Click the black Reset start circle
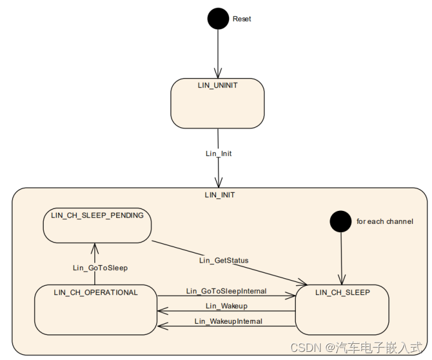click(218, 19)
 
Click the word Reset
click(242, 19)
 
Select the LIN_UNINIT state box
click(217, 104)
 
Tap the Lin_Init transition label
click(218, 153)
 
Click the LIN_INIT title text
click(220, 195)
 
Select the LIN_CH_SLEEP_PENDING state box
click(97, 225)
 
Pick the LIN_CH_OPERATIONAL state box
click(96, 309)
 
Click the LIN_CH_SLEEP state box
click(341, 309)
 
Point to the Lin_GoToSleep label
click(100, 268)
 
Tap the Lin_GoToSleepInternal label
click(226, 291)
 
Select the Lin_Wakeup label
click(226, 306)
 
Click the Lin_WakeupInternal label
click(228, 321)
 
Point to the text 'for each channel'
click(385, 221)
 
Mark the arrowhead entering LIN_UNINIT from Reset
click(218, 74)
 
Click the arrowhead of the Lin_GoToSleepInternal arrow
click(291, 296)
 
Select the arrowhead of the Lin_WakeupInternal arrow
click(162, 326)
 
